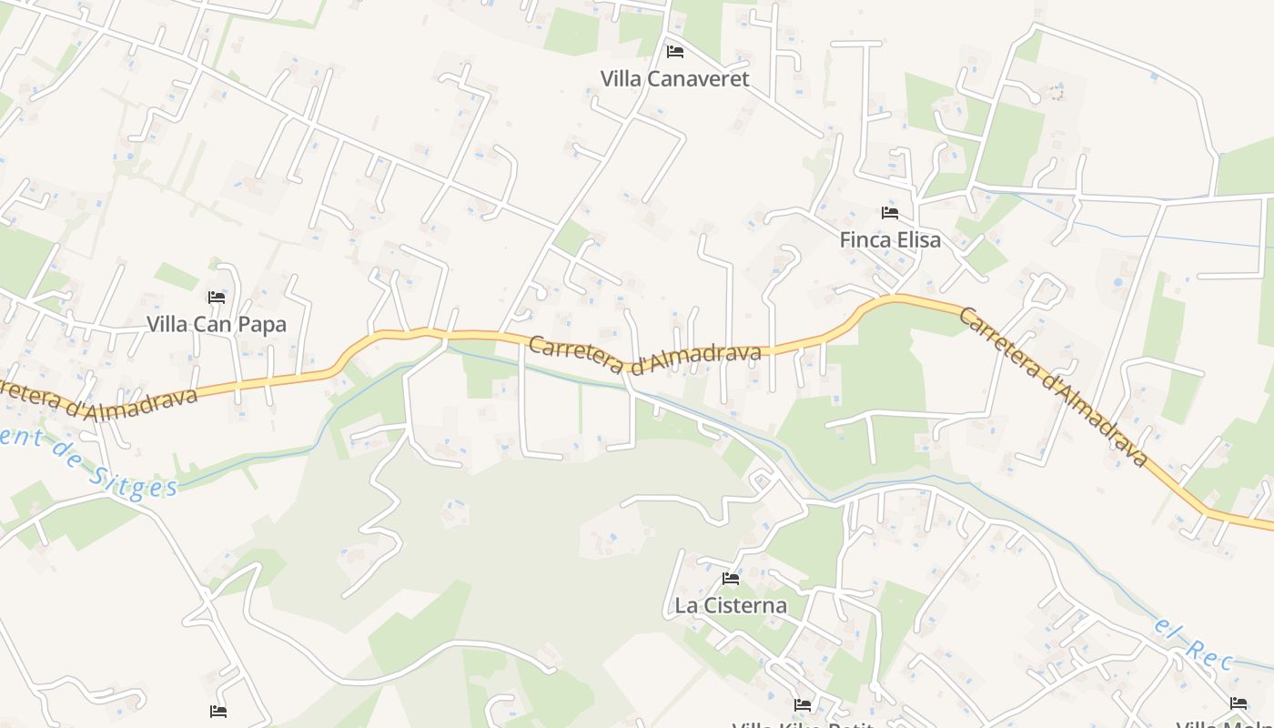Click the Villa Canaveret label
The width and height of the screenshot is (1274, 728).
click(x=674, y=78)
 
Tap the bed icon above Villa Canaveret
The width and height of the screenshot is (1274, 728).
click(x=674, y=51)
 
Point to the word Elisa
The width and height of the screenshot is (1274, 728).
click(x=917, y=240)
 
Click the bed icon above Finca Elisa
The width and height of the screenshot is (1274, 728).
click(x=890, y=213)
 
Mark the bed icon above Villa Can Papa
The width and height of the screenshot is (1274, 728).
click(x=217, y=298)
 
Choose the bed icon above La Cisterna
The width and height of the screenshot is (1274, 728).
click(x=730, y=578)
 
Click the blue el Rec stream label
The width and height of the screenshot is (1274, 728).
click(x=1193, y=642)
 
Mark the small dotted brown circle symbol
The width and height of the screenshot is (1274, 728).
click(x=1056, y=93)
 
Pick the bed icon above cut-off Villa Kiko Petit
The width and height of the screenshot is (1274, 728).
click(x=802, y=704)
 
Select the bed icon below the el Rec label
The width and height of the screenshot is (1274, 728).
click(x=1239, y=703)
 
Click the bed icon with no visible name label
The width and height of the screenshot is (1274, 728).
click(x=218, y=712)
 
